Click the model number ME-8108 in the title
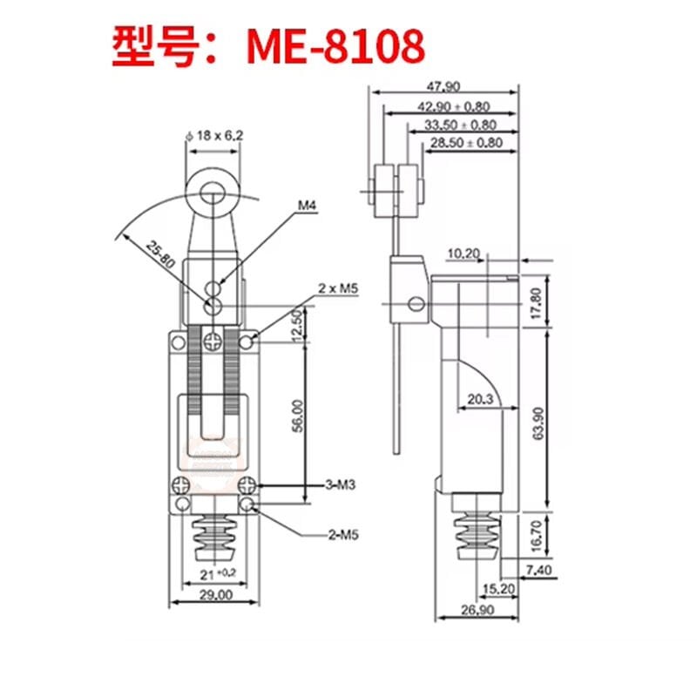click(336, 48)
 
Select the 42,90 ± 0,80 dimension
click(452, 105)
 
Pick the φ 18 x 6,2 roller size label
click(214, 135)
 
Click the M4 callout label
click(307, 206)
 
